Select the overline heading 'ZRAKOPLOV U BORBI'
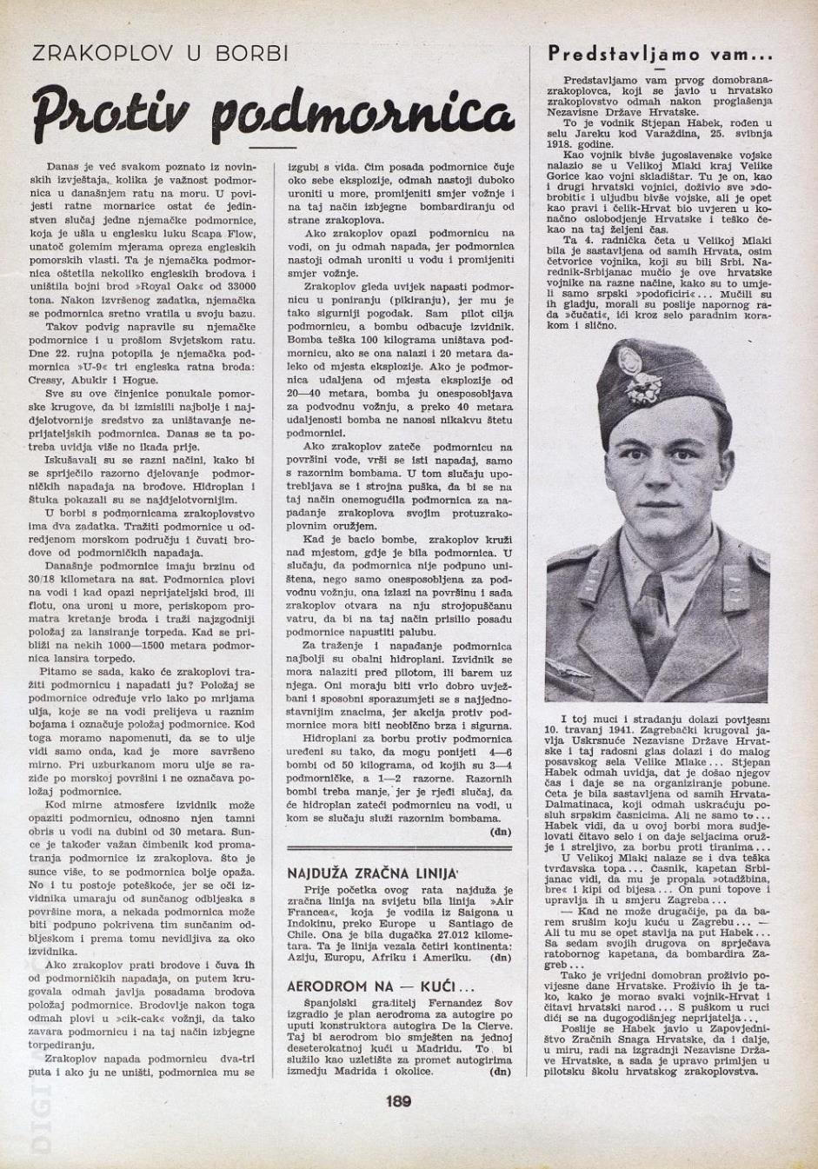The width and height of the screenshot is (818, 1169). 160,54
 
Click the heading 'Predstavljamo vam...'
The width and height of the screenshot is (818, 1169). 660,54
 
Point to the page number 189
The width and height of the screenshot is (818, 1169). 398,1101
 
